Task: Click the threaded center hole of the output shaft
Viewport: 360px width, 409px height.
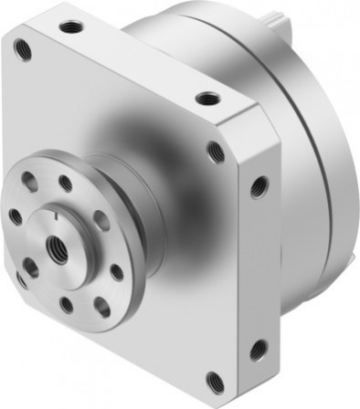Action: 61,246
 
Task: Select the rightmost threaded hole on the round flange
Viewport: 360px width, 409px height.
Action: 117,271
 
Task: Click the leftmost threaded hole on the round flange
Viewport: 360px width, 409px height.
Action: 16,216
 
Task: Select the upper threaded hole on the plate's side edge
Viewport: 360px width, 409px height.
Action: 259,187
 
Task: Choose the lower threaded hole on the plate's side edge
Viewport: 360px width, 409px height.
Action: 258,349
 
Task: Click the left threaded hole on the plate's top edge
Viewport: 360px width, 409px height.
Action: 69,27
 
